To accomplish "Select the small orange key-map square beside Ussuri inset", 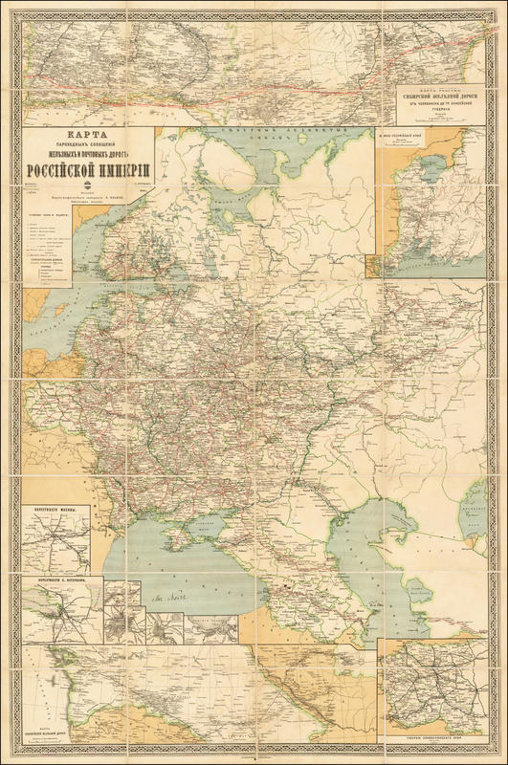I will [370, 269].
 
